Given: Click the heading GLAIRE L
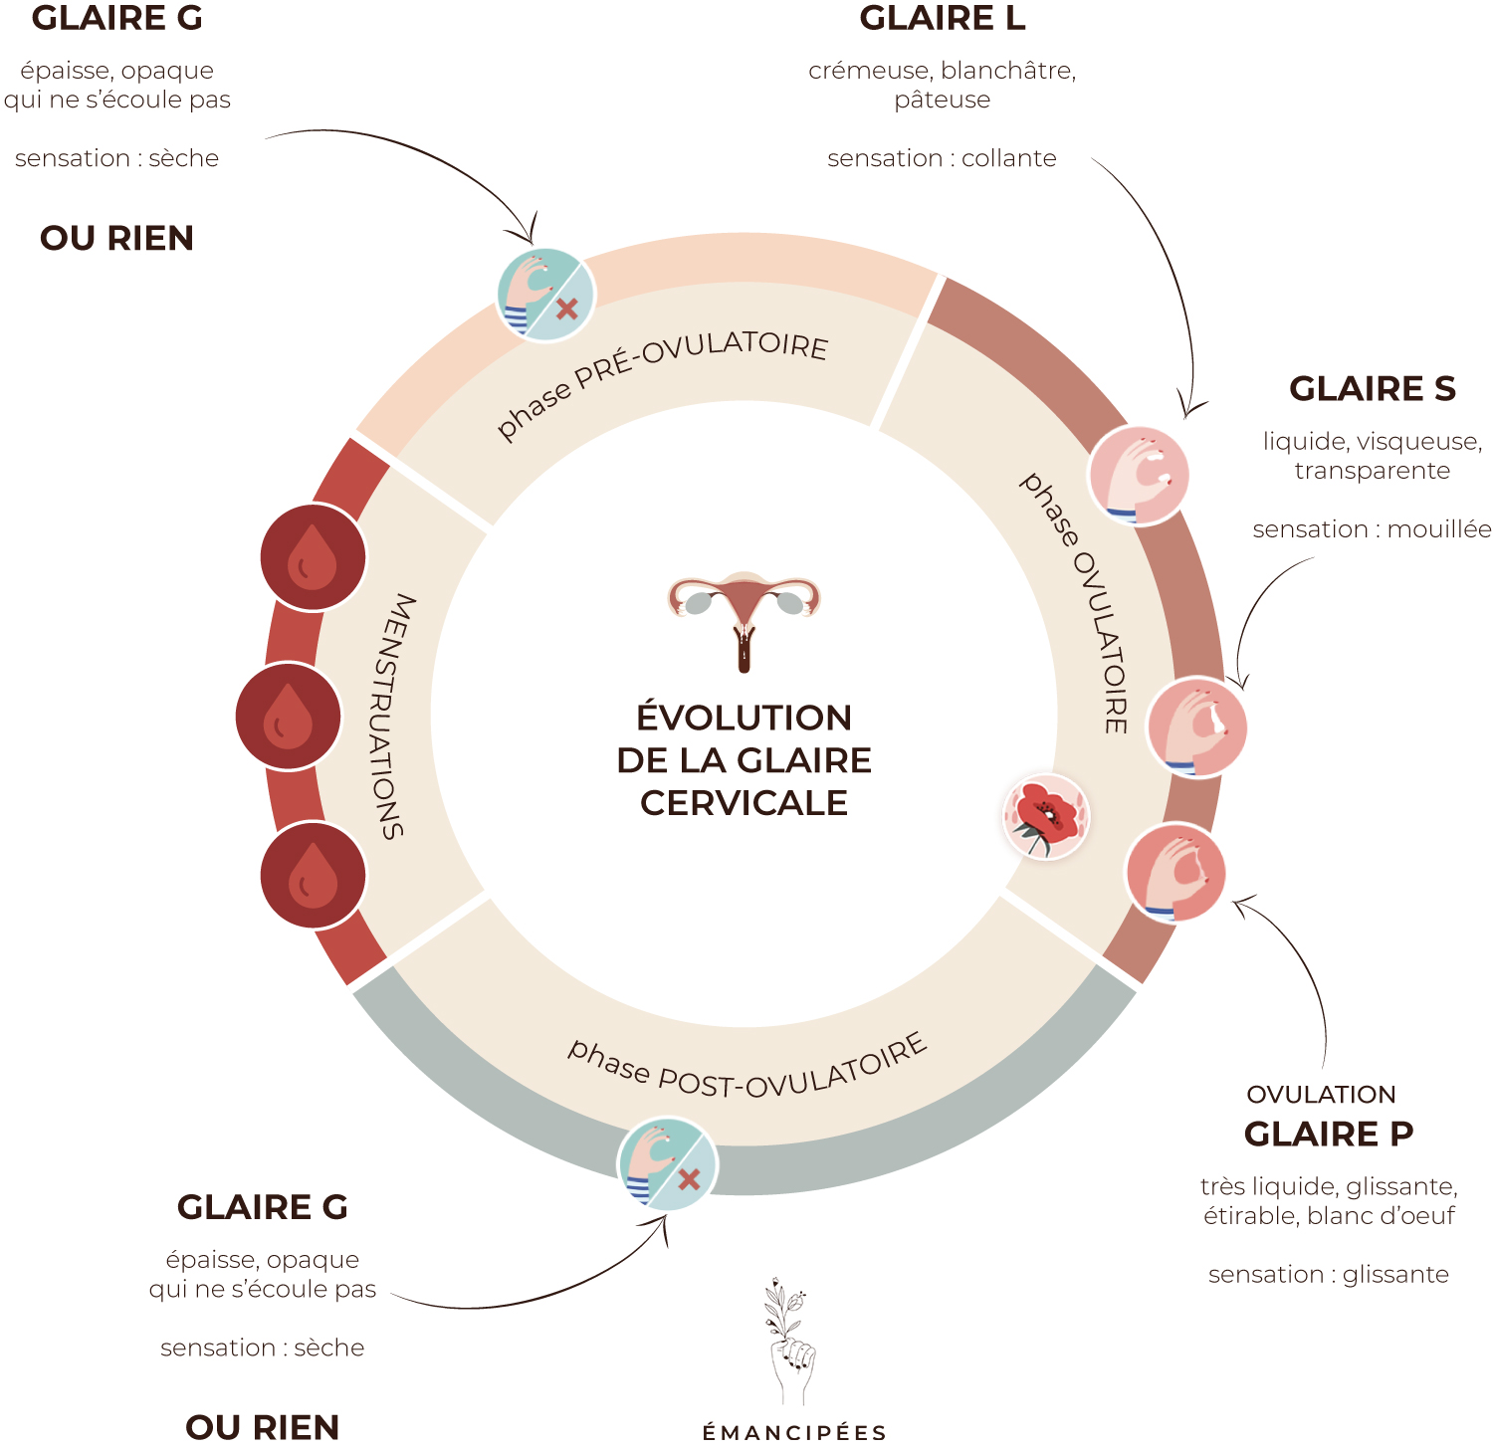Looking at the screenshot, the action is (x=942, y=18).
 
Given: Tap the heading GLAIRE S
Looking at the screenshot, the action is (x=1372, y=388).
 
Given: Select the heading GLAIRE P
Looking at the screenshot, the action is (x=1329, y=1134).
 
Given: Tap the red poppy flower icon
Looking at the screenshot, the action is (x=1045, y=817).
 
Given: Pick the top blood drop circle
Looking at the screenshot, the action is (x=313, y=557).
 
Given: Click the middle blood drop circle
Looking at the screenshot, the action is (x=289, y=716).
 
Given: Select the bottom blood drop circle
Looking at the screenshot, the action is (x=313, y=876).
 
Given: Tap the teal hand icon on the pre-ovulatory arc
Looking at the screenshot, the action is (x=545, y=295).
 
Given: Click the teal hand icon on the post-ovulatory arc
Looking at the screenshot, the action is (x=667, y=1164).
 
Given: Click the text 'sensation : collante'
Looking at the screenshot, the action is (x=942, y=158).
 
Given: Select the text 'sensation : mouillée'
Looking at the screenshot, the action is (x=1372, y=529).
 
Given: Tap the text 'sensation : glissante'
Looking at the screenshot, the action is (x=1329, y=1275).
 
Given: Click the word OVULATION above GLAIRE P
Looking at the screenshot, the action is (x=1321, y=1095).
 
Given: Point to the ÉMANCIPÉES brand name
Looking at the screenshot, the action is (x=794, y=1433).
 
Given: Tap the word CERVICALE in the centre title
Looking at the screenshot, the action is (x=744, y=803).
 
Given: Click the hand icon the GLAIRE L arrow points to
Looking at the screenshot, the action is (x=1139, y=476).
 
